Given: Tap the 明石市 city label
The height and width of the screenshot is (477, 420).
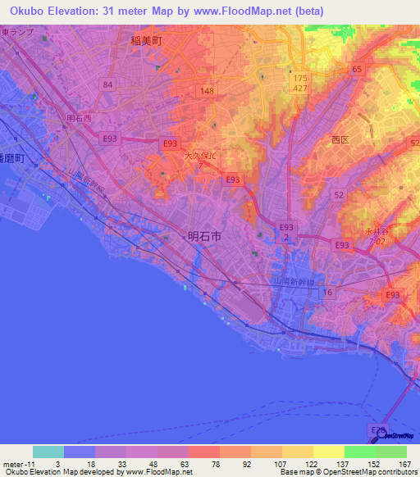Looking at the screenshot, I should coord(204,235).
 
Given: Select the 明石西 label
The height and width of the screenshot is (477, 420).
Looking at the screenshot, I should coord(80,118).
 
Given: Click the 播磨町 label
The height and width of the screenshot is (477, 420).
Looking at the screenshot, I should coord(13,156).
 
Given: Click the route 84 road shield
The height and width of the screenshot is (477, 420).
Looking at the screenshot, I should coord(107,84).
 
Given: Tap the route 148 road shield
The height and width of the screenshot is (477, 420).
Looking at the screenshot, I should coord(206,91).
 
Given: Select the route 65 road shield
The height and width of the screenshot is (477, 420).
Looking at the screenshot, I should coord(357,70).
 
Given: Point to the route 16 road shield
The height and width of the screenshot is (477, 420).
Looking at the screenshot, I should coord(328,292).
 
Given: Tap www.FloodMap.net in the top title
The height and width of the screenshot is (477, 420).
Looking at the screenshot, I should coord(254,11).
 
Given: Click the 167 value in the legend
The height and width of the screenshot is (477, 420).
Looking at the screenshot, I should coord(402,464).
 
